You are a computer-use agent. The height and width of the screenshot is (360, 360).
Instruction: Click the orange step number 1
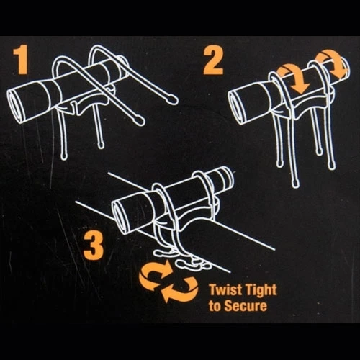click(x=21, y=60)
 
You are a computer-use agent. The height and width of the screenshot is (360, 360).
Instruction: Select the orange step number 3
click(x=94, y=248)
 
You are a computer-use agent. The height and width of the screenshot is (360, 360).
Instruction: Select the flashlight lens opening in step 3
click(x=118, y=217)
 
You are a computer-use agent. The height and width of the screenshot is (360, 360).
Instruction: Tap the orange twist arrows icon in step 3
click(x=168, y=282)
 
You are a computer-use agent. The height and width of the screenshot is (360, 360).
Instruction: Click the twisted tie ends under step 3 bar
click(x=182, y=260)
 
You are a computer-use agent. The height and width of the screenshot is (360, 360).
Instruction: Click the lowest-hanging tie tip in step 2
click(x=294, y=183)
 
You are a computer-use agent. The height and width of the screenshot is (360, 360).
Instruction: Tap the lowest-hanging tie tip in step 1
click(x=63, y=156)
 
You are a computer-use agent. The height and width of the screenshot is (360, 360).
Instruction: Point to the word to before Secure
click(x=215, y=306)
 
